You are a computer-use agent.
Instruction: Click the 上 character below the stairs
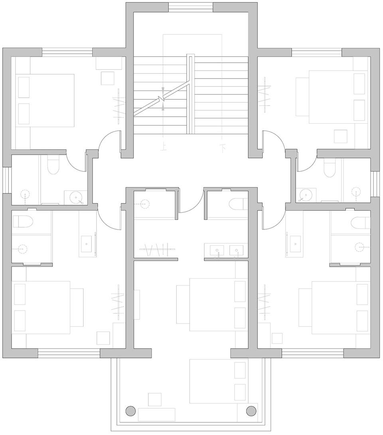(164, 147)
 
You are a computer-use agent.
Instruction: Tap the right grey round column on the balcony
(251, 410)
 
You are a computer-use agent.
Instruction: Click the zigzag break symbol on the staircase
(161, 98)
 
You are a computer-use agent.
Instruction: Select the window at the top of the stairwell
(191, 8)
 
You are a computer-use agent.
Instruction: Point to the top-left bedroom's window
(67, 53)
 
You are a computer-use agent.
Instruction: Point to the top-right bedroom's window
(317, 53)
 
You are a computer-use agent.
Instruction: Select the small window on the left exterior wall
(7, 180)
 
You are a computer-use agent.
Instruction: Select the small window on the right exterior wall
(375, 184)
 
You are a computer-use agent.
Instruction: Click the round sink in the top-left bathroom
(75, 197)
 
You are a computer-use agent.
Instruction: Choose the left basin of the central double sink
(217, 250)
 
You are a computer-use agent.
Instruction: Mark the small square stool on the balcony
(154, 400)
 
